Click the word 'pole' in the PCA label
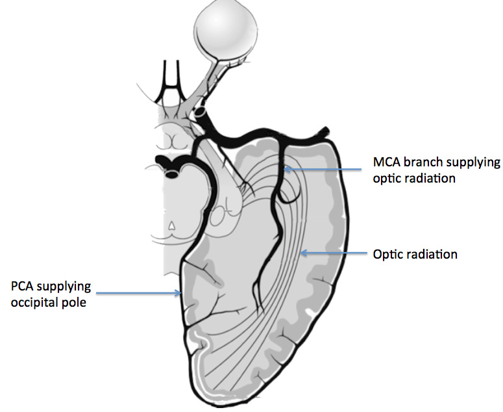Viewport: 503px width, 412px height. tap(73, 302)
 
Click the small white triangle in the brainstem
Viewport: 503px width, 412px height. tap(171, 226)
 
